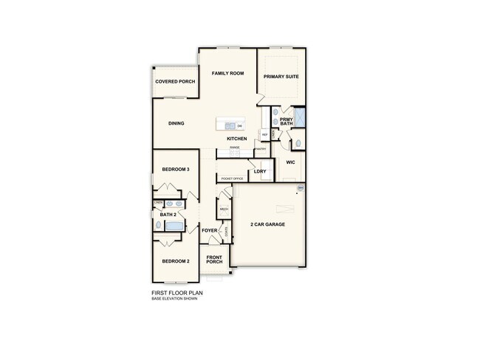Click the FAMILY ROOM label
tap(227, 74)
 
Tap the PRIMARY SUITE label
tap(281, 75)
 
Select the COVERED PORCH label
tap(175, 81)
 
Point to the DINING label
tap(176, 123)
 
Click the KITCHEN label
tap(236, 139)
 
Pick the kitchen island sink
tap(229, 125)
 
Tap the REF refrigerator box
tap(264, 134)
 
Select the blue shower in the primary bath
tap(301, 118)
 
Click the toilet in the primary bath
tap(292, 143)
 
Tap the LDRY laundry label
tap(259, 171)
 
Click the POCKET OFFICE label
tap(232, 179)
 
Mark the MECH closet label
tap(224, 209)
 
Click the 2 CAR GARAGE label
tap(267, 224)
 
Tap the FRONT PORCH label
tap(214, 260)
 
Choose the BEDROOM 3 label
tap(176, 170)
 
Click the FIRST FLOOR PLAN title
tap(176, 292)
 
